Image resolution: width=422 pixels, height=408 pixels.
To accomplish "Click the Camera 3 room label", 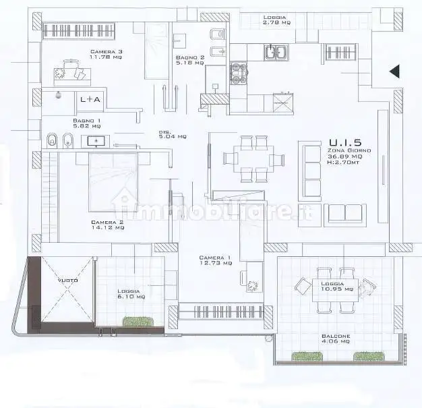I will click(x=107, y=55).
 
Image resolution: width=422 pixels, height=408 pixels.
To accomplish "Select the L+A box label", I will click(x=90, y=99).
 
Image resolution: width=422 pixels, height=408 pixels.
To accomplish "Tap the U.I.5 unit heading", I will click(x=344, y=142).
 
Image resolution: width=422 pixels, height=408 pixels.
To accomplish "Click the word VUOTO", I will click(x=67, y=281).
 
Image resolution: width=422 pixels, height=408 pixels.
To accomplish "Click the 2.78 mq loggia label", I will click(x=276, y=20).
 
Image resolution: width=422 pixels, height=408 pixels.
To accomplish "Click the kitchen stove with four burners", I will click(x=240, y=73).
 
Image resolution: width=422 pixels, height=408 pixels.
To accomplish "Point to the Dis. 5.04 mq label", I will click(x=173, y=134).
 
